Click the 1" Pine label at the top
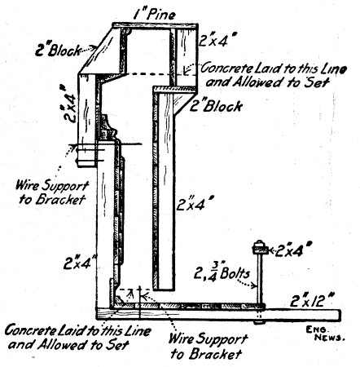158,14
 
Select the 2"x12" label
314,301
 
